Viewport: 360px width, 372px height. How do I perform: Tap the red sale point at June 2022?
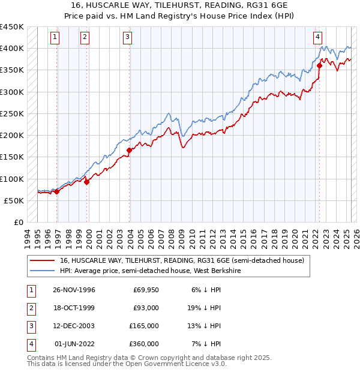(319, 66)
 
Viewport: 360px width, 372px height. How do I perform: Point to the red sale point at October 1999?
(86, 182)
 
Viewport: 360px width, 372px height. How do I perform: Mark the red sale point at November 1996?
(57, 191)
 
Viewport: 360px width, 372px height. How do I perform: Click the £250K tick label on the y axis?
(12, 113)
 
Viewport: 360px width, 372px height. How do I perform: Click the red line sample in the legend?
(43, 261)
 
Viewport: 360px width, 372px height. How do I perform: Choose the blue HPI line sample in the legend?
(43, 271)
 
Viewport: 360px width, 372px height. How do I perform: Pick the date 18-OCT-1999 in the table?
(74, 308)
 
